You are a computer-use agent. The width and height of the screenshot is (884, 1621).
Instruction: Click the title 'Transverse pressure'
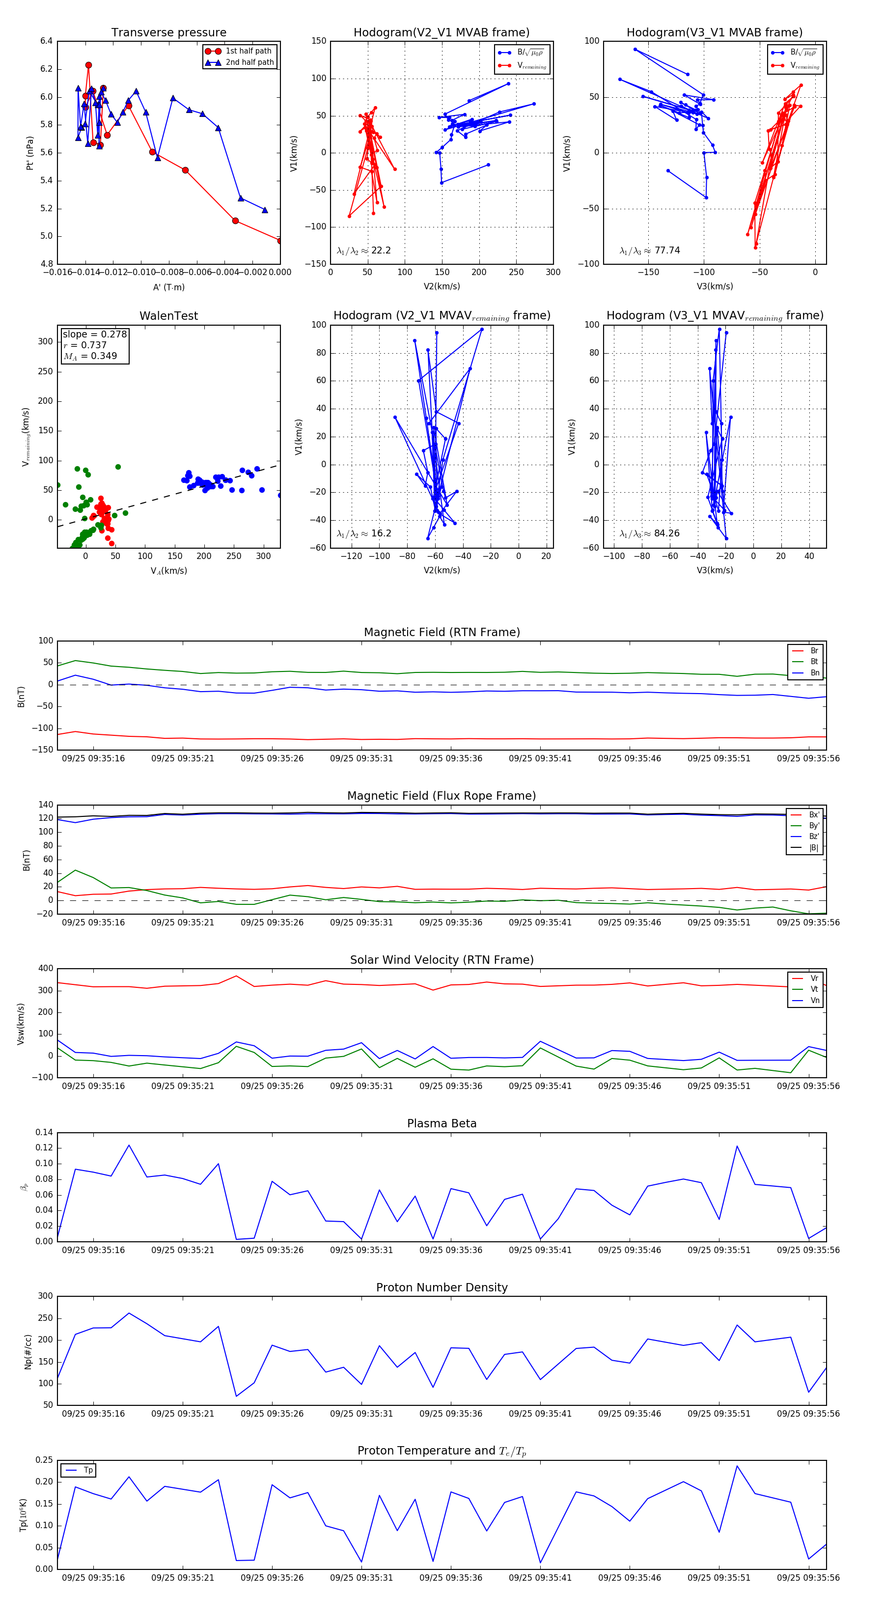pyautogui.click(x=168, y=33)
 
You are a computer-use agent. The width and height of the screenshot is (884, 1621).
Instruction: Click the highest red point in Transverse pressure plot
pyautogui.click(x=88, y=65)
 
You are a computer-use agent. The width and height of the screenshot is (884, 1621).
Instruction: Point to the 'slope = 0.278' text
pyautogui.click(x=94, y=334)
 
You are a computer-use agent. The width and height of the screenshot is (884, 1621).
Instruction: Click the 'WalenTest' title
pyautogui.click(x=168, y=316)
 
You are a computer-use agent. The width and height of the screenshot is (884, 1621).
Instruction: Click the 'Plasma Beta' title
pyautogui.click(x=442, y=1124)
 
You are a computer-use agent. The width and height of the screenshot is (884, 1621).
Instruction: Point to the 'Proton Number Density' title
pyautogui.click(x=442, y=1287)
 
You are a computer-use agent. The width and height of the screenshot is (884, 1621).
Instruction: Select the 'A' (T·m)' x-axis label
pyautogui.click(x=168, y=287)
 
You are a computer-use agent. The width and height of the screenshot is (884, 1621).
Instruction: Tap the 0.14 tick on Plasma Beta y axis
pyautogui.click(x=44, y=1133)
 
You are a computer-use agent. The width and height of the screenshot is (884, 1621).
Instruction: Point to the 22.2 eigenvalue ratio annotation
pyautogui.click(x=363, y=251)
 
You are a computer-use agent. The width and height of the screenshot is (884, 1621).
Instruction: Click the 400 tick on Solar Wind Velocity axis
pyautogui.click(x=45, y=969)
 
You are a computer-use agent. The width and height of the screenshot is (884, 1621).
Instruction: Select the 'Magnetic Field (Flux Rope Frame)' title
pyautogui.click(x=442, y=796)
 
